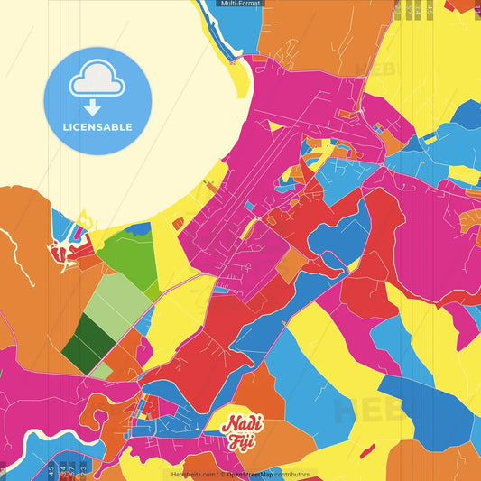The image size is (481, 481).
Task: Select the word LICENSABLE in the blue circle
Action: tap(98, 127)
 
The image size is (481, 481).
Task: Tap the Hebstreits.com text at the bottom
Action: tap(193, 474)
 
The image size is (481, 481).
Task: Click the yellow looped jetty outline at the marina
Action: tap(84, 220)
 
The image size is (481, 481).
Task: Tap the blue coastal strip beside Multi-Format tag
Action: tap(242, 32)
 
